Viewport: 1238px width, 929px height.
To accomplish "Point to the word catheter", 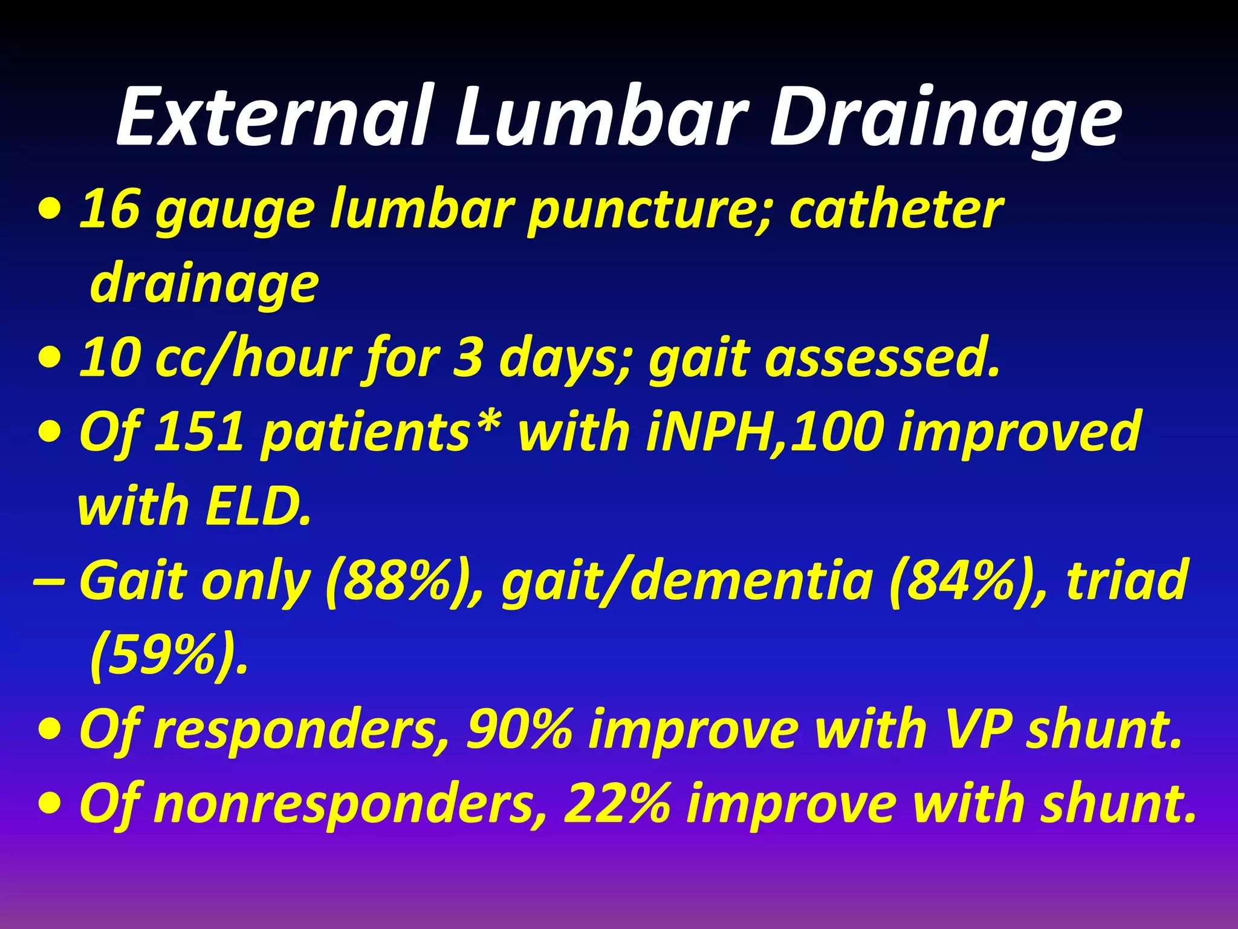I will (895, 209).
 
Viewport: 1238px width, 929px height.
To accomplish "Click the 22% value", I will (616, 804).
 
